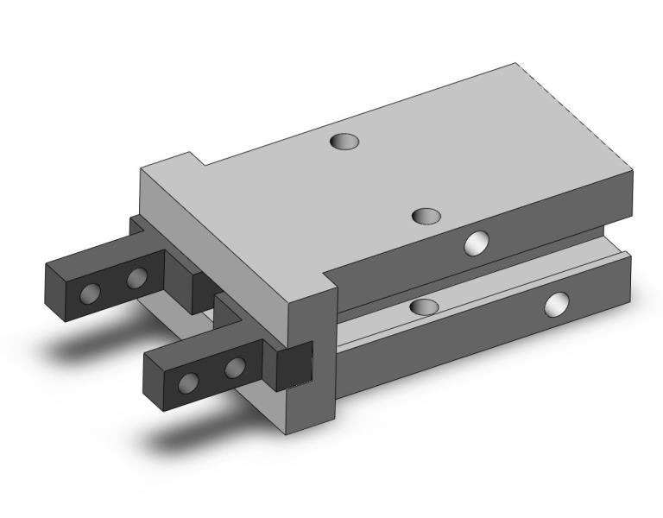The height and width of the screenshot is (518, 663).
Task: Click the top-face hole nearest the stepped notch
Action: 344,140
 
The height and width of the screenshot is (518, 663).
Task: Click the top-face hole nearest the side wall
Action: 426,215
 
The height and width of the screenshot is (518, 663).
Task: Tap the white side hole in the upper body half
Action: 476,243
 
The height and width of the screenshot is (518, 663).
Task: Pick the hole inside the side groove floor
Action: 424,306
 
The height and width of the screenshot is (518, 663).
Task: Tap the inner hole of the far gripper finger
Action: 136,278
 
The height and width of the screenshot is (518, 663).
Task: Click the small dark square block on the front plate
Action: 294,368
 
